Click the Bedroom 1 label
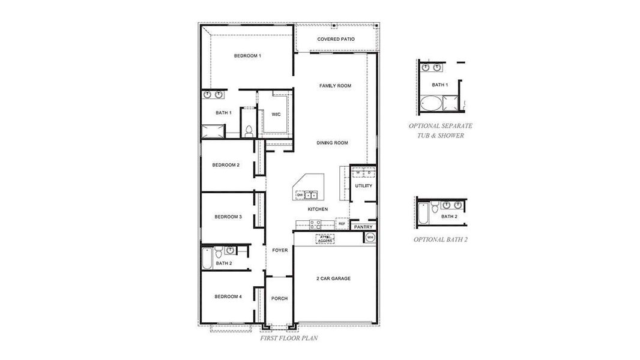click(x=247, y=56)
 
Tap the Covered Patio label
click(x=336, y=40)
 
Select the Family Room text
click(x=335, y=86)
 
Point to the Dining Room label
click(x=333, y=143)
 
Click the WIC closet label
click(x=276, y=114)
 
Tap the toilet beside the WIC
click(x=249, y=129)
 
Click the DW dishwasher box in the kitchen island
click(x=299, y=195)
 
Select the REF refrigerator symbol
click(x=342, y=224)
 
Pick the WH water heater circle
click(x=370, y=238)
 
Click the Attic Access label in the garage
click(x=325, y=239)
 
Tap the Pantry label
click(x=363, y=227)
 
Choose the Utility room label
click(x=363, y=186)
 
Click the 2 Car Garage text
click(x=333, y=278)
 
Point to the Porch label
click(x=279, y=298)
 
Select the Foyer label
click(x=280, y=250)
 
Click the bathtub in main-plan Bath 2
click(x=207, y=259)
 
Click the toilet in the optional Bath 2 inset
click(x=434, y=208)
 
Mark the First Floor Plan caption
click(x=289, y=338)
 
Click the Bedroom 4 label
click(x=228, y=296)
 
